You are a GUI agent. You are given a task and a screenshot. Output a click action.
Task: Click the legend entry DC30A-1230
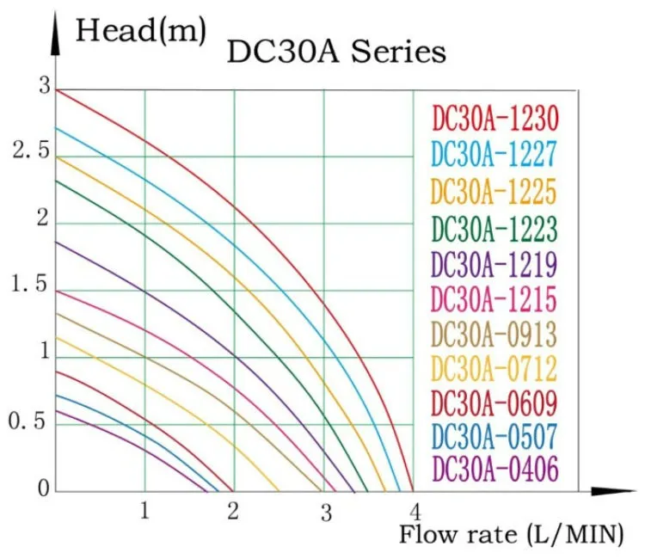[x=494, y=118]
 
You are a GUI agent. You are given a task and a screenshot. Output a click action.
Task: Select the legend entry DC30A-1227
[x=494, y=154]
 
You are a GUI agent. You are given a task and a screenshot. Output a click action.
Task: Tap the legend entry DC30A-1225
[x=494, y=190]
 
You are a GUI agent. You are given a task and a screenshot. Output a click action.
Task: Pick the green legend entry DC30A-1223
[x=494, y=228]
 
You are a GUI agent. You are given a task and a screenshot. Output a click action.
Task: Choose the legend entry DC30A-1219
[x=494, y=263]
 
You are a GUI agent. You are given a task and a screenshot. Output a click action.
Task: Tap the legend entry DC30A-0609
[x=494, y=402]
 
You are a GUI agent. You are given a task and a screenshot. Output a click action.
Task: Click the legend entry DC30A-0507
[x=494, y=436]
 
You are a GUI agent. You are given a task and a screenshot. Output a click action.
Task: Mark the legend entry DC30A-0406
[x=494, y=470]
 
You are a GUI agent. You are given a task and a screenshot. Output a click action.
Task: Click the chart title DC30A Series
[x=336, y=52]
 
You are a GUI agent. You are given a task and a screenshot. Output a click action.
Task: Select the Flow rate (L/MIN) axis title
[x=510, y=534]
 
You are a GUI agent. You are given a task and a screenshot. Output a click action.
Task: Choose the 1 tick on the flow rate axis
[x=144, y=510]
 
